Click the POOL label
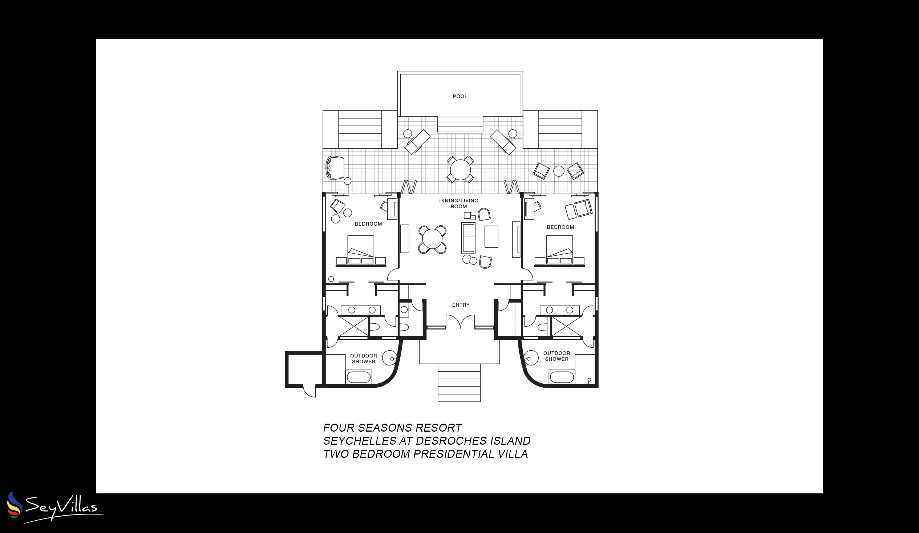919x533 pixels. pyautogui.click(x=460, y=96)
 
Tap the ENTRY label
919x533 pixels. pyautogui.click(x=461, y=305)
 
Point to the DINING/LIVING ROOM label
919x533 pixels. pyautogui.click(x=459, y=203)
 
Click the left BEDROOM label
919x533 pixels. pyautogui.click(x=368, y=224)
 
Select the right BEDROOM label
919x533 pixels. pyautogui.click(x=560, y=227)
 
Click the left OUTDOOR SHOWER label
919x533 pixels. pyautogui.click(x=364, y=359)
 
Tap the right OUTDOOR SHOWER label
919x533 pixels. pyautogui.click(x=556, y=356)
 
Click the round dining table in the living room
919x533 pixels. pyautogui.click(x=432, y=239)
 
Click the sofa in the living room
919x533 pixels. pyautogui.click(x=468, y=238)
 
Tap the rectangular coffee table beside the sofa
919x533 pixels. pyautogui.click(x=491, y=237)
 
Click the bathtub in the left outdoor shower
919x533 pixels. pyautogui.click(x=359, y=377)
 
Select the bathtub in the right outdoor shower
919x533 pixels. pyautogui.click(x=562, y=377)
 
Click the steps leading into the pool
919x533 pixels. pyautogui.click(x=460, y=124)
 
